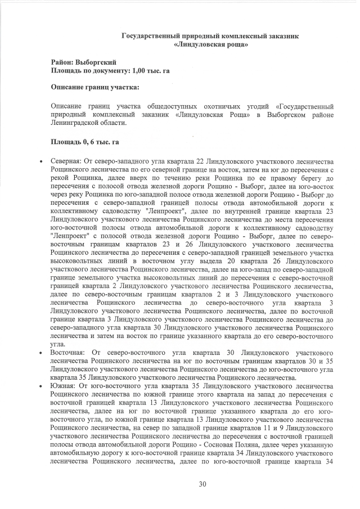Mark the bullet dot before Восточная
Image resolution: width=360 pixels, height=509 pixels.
click(x=40, y=352)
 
